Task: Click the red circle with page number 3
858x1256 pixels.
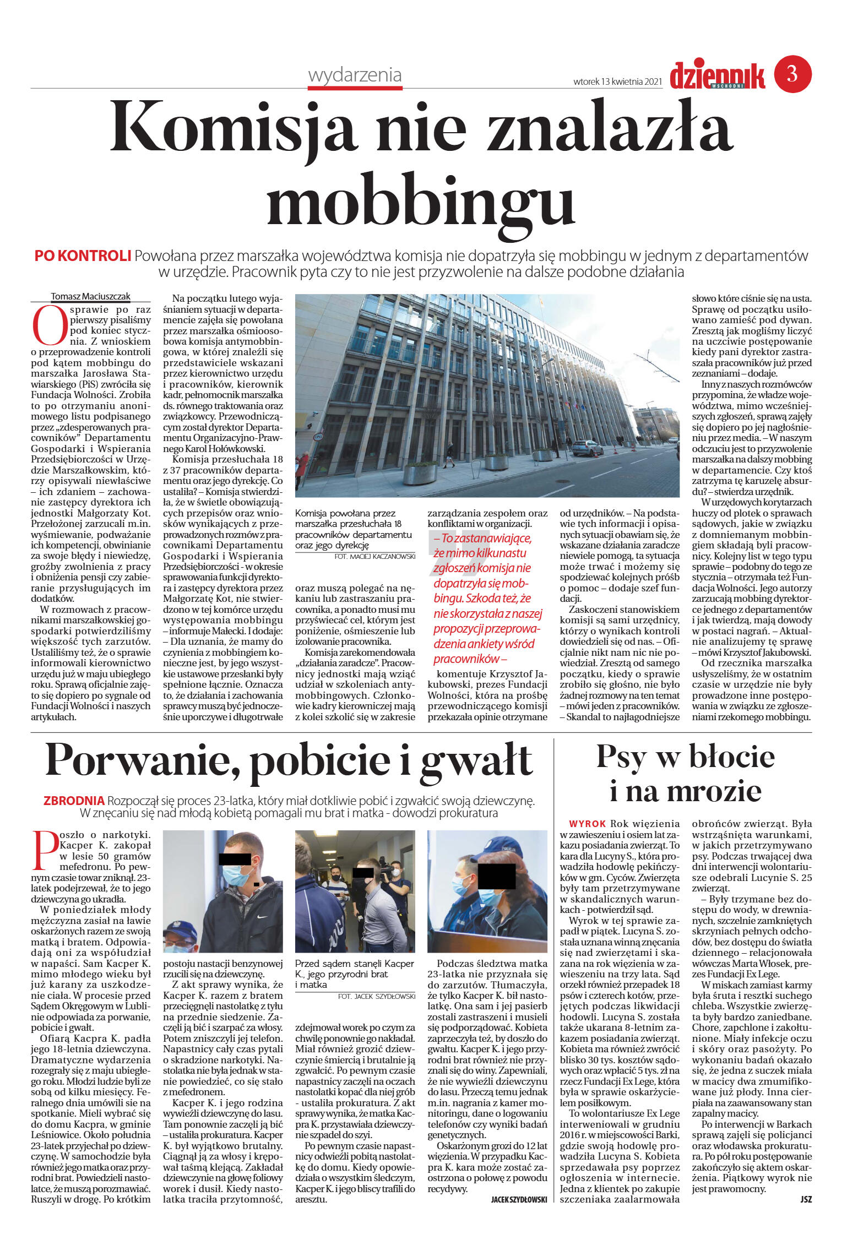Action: click(x=792, y=73)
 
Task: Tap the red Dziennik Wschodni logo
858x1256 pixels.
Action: click(x=716, y=76)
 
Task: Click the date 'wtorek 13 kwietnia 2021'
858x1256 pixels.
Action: click(x=617, y=82)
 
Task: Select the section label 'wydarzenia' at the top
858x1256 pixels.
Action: click(x=355, y=75)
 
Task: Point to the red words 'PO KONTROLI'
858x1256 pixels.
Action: click(x=83, y=256)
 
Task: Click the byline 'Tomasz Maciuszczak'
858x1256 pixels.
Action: click(x=91, y=296)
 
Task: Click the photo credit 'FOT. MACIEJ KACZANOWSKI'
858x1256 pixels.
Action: click(x=374, y=557)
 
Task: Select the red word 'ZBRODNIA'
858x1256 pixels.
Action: click(x=74, y=801)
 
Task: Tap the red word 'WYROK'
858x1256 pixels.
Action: click(x=587, y=824)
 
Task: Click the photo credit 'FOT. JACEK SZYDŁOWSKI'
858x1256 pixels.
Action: click(x=376, y=997)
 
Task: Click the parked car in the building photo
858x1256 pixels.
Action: click(x=587, y=448)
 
